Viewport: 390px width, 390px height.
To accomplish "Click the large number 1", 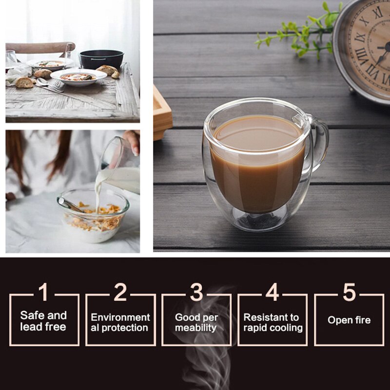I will (x=43, y=292).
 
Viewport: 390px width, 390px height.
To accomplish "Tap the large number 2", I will (x=120, y=292).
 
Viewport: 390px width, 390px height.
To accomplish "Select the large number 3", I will (x=196, y=292).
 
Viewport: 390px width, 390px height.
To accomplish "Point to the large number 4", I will (x=273, y=292).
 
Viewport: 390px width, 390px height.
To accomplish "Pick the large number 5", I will (x=349, y=292).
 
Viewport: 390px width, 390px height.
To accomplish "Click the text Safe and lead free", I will (x=43, y=321).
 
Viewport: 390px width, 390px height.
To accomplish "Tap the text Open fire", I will (x=349, y=320).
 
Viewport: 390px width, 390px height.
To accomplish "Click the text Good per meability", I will (x=196, y=323).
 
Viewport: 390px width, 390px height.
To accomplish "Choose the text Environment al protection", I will (x=120, y=323).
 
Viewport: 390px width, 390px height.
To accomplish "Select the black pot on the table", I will (x=101, y=59).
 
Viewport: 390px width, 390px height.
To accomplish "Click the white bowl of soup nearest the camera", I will (x=78, y=77).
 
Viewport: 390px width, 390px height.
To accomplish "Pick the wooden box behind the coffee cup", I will (x=162, y=112).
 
